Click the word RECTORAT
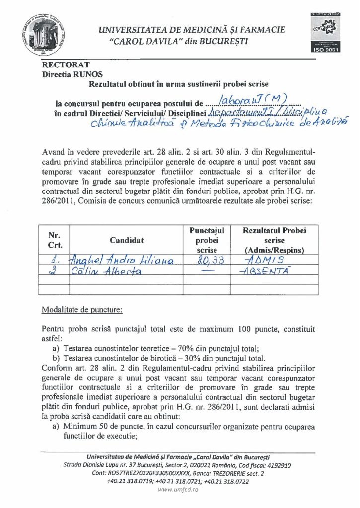click(59, 65)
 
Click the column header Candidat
click(127, 240)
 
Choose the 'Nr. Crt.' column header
click(54, 240)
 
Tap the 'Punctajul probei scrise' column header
click(207, 240)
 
